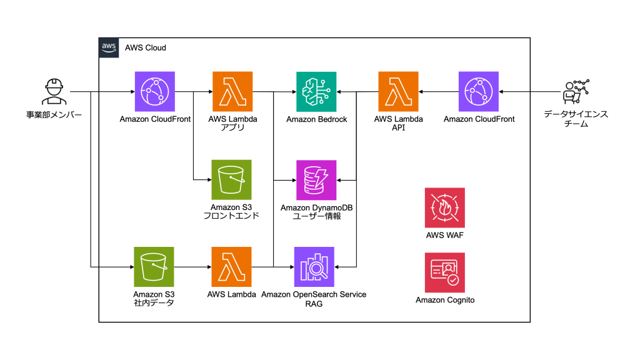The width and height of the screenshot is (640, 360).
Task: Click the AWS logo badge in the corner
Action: click(x=109, y=47)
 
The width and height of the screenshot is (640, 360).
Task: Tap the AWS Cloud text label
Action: click(x=146, y=47)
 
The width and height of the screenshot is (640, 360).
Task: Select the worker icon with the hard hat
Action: click(x=54, y=92)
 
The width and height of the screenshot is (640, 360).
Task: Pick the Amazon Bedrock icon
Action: click(x=316, y=91)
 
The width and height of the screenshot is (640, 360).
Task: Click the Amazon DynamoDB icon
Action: click(x=316, y=180)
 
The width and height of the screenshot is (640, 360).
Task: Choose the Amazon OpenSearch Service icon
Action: click(x=314, y=267)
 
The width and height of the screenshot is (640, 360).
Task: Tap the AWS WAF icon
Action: click(x=444, y=207)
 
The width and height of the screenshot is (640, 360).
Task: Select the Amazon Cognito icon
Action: click(x=444, y=272)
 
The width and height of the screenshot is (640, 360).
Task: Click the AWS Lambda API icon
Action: click(x=398, y=91)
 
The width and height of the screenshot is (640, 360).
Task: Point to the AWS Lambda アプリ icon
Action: click(x=232, y=91)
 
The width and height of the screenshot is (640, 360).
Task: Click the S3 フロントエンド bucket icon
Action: click(x=231, y=180)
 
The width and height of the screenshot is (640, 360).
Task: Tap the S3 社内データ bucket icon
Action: click(x=154, y=267)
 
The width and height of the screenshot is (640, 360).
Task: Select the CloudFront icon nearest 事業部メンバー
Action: click(x=154, y=91)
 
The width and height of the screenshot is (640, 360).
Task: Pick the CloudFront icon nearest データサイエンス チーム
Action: click(x=478, y=91)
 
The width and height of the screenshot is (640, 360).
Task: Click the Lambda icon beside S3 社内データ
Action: click(x=231, y=267)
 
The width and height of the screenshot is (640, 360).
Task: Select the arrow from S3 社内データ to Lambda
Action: click(x=192, y=267)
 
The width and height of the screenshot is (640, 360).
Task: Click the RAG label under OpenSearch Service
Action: click(x=314, y=304)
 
